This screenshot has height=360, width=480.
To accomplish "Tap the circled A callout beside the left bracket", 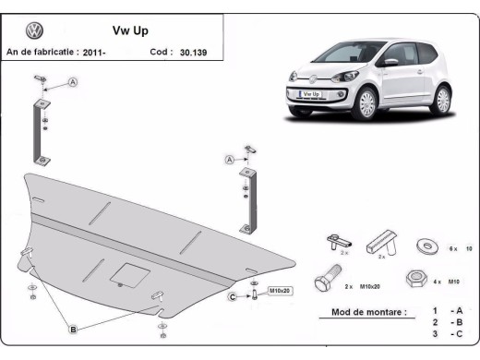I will pyautogui.click(x=72, y=83).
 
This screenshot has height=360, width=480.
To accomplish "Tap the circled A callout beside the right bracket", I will pyautogui.click(x=229, y=160).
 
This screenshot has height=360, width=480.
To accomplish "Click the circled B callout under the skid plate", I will pyautogui.click(x=71, y=328).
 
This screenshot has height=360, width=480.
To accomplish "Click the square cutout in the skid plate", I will pyautogui.click(x=126, y=272).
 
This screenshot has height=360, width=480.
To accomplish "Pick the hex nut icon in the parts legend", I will pyautogui.click(x=414, y=277).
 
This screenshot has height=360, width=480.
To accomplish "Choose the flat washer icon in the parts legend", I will pyautogui.click(x=427, y=245).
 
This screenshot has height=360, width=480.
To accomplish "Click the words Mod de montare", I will pyautogui.click(x=367, y=313).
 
